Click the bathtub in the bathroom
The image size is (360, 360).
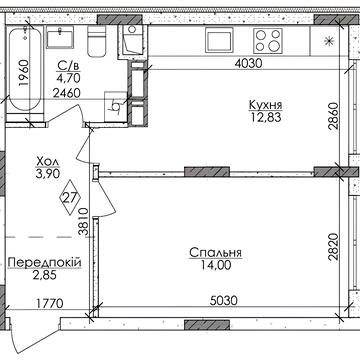pos(25,70)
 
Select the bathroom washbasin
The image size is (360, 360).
pos(60,38)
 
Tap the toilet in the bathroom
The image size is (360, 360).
pos(98,41)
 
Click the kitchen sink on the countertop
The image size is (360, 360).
pos(218,39)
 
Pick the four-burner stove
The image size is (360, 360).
pos(268,41)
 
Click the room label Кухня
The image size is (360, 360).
pos(266,105)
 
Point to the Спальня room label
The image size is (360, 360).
pos(215,253)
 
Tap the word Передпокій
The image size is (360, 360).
pos(44,263)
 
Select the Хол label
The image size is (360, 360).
pos(48,162)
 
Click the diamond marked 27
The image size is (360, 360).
pos(70,197)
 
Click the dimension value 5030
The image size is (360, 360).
pos(223,301)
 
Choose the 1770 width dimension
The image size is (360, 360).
pos(49,304)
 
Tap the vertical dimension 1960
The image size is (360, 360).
pos(24,73)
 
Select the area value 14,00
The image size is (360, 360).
pos(215,265)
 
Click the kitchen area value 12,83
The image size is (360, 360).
pos(266,117)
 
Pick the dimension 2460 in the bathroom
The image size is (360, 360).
pos(67,93)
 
